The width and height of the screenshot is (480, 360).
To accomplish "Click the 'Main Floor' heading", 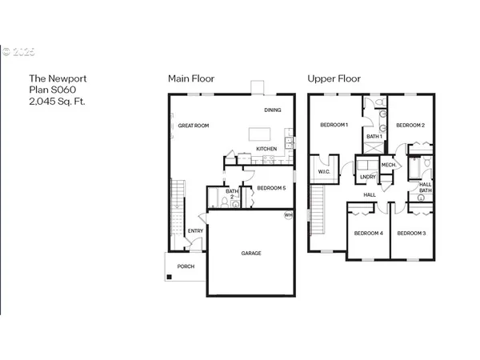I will [190, 78].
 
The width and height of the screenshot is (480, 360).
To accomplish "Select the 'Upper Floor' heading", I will [334, 78].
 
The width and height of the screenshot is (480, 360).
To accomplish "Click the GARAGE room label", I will [251, 254].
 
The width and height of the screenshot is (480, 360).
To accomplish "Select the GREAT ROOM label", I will [194, 126].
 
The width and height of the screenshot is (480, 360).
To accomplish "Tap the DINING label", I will [272, 110].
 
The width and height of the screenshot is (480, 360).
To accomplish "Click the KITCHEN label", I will [266, 150].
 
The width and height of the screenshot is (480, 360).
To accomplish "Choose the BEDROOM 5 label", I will [271, 188].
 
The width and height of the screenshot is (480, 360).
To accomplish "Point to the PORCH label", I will [186, 266].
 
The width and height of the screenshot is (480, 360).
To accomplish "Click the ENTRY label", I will [195, 231].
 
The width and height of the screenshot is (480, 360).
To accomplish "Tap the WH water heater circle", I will [288, 215].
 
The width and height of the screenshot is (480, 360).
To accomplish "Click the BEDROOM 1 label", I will [334, 125].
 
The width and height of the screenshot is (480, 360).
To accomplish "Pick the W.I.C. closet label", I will [324, 171].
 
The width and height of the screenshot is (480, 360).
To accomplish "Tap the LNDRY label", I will [368, 177].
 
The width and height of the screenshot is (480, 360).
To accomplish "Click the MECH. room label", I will [390, 165].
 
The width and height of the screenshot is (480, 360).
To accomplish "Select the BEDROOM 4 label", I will [369, 233].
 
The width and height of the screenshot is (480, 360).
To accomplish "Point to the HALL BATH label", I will [425, 187].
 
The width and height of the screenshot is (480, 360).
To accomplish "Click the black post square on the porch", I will [169, 278].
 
